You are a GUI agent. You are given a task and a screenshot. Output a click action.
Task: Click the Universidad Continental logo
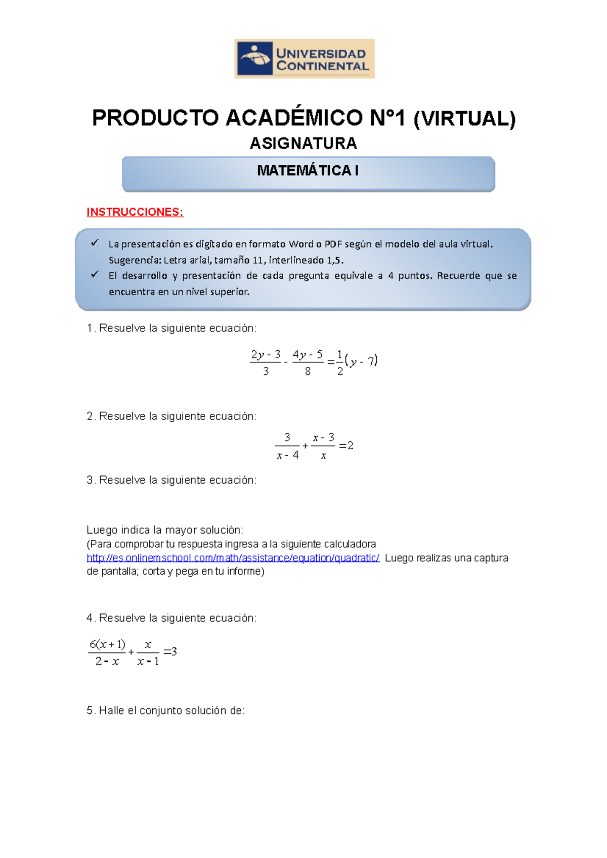(x=304, y=59)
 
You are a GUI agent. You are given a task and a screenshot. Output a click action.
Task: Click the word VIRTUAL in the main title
(x=464, y=118)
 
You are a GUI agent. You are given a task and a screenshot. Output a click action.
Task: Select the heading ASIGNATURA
(x=303, y=144)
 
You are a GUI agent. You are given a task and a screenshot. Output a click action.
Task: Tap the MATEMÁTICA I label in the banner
(x=308, y=171)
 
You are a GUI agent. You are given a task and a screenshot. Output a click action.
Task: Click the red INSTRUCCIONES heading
(x=135, y=212)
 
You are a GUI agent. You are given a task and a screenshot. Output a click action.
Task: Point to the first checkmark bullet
(x=95, y=243)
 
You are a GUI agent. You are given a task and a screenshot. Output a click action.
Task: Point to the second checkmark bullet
(x=95, y=274)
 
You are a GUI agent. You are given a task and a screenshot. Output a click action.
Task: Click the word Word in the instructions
(x=301, y=244)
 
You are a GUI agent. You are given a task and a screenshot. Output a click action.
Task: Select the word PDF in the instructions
(x=333, y=244)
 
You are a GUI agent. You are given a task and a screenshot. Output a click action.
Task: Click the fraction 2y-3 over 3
(x=266, y=362)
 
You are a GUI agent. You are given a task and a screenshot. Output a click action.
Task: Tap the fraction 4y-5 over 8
(x=308, y=362)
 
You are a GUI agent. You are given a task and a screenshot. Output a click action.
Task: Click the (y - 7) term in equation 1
(x=361, y=361)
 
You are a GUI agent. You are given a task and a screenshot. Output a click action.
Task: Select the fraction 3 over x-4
(x=287, y=446)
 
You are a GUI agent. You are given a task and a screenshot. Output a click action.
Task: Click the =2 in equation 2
(x=346, y=446)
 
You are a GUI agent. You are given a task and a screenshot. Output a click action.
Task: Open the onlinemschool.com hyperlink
(x=233, y=558)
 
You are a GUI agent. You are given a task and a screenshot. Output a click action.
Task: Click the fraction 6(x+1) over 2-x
(x=107, y=652)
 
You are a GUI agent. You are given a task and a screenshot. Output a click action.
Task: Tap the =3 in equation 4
(x=170, y=652)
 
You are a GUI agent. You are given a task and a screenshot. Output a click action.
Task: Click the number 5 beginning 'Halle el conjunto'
(x=90, y=710)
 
